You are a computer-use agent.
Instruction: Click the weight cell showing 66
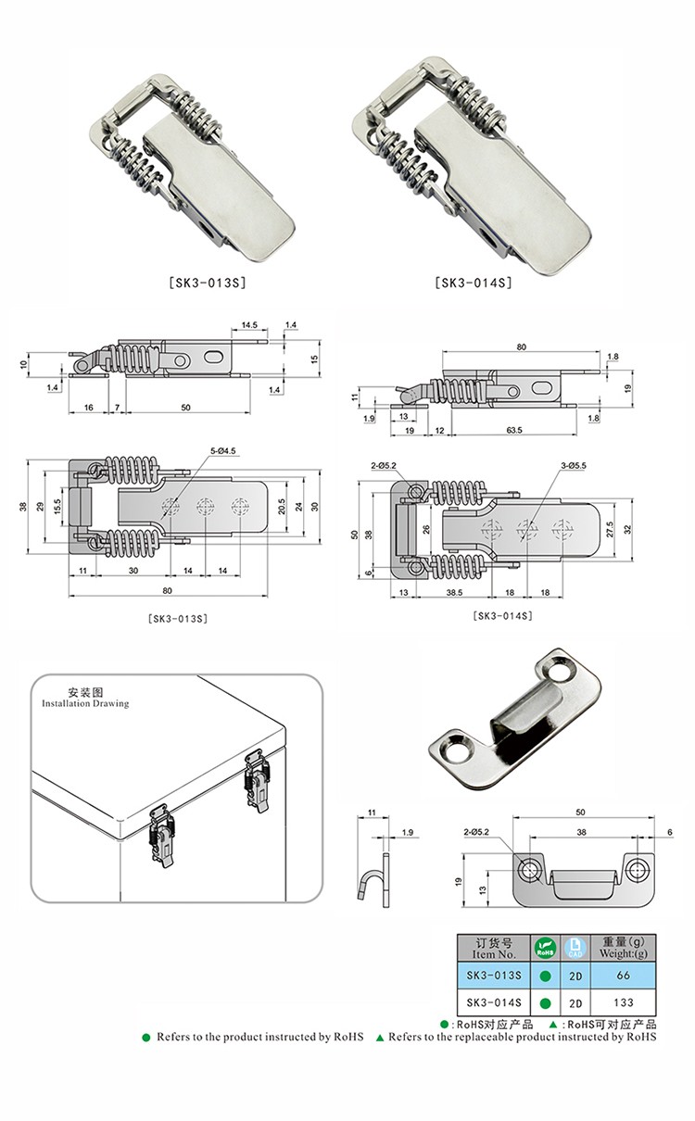[x=623, y=976]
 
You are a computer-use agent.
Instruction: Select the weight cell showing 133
[x=623, y=1002]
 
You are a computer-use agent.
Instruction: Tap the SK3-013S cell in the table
[x=494, y=976]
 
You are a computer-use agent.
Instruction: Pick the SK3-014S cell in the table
[x=494, y=1002]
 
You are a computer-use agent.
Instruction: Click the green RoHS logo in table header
[x=545, y=948]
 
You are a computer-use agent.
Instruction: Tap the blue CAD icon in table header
[x=575, y=948]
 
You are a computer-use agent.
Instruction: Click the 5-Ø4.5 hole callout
[x=222, y=451]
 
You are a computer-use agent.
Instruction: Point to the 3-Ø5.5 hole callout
[x=574, y=465]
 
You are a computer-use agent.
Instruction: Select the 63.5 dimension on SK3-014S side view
[x=514, y=430]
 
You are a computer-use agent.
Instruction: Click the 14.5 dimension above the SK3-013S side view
[x=249, y=325]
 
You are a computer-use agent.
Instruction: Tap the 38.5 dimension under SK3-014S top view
[x=454, y=593]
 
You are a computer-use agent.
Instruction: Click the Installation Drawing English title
[x=85, y=703]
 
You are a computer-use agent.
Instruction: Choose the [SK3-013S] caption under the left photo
[x=208, y=283]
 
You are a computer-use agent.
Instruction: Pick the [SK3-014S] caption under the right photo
[x=474, y=283]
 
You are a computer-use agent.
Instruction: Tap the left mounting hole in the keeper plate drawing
[x=529, y=868]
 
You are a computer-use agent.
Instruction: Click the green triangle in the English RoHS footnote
[x=380, y=1038]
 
